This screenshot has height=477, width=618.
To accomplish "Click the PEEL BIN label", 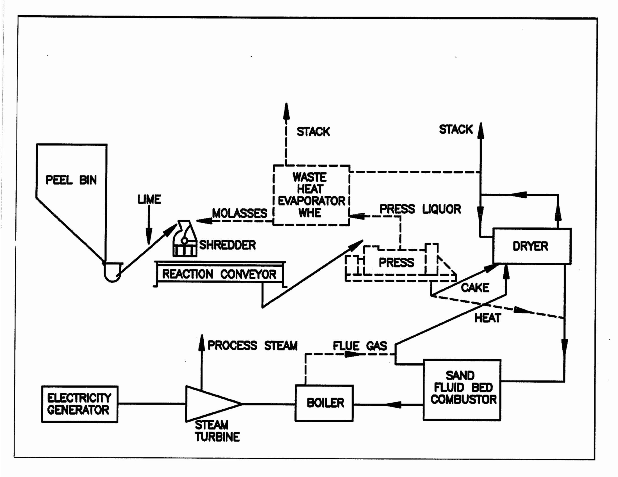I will tap(71, 180).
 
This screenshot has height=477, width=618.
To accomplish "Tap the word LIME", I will tap(149, 200).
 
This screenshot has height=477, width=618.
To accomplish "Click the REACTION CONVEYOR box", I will tap(220, 274).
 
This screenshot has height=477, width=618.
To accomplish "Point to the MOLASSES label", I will tap(239, 213).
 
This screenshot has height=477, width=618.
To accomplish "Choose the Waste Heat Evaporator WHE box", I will tap(311, 195).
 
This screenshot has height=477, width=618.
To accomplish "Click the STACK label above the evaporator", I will tap(313, 132).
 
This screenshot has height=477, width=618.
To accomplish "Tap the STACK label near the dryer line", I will tap(456, 129).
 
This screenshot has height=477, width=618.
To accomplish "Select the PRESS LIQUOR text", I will tap(420, 209).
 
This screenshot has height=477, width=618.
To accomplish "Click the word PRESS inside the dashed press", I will tap(396, 263).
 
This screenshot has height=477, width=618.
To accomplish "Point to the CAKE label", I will tap(475, 288).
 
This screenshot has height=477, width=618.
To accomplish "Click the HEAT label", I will tap(487, 318).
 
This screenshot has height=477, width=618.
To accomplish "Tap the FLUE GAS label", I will tap(360, 346).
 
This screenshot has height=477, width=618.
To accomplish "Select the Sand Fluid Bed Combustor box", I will tap(462, 390).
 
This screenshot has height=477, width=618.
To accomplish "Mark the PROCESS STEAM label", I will tap(253, 346).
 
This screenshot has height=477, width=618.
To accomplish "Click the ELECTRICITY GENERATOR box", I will tap(79, 404).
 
